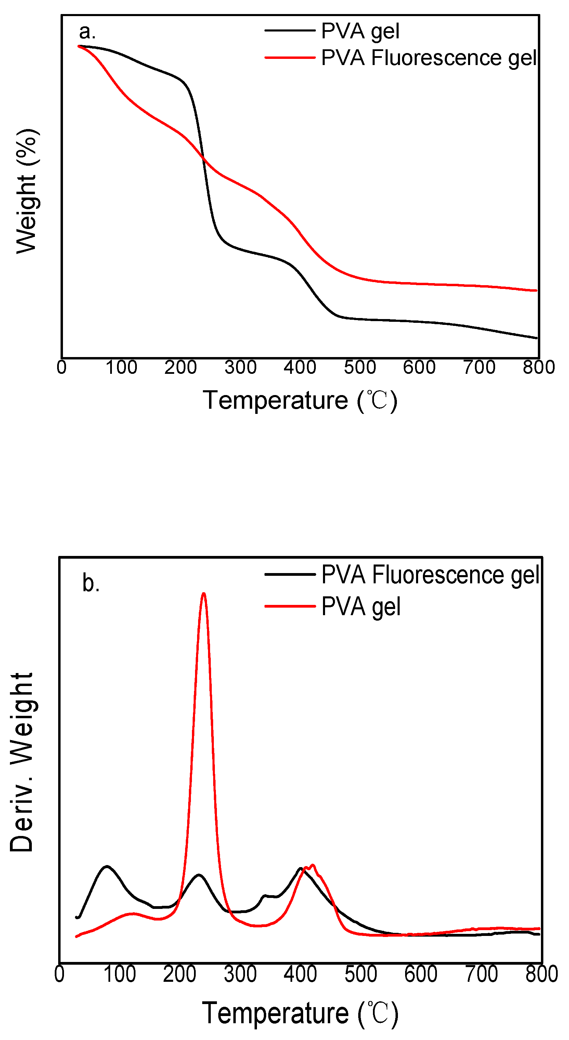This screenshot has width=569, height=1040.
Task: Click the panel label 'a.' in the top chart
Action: [87, 31]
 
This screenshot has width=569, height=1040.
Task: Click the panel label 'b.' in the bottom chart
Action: [91, 583]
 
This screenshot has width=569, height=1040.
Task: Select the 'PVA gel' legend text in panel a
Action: [360, 31]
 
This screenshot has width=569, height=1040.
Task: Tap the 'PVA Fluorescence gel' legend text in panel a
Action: [429, 58]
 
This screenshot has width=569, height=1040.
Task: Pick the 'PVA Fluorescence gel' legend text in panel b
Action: [430, 574]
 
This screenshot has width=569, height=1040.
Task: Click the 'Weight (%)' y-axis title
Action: [27, 191]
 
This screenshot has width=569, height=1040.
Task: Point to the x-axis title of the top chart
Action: [300, 401]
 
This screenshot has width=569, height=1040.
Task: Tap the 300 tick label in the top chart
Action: [241, 367]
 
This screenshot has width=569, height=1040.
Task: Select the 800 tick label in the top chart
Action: [539, 367]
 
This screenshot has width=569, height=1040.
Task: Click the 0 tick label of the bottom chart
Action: [59, 974]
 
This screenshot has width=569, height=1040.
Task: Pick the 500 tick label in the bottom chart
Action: [361, 974]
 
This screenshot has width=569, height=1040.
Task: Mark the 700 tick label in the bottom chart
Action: [481, 974]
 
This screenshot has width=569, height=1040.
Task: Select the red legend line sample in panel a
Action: [290, 58]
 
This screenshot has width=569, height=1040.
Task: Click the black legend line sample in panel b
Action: [290, 574]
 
